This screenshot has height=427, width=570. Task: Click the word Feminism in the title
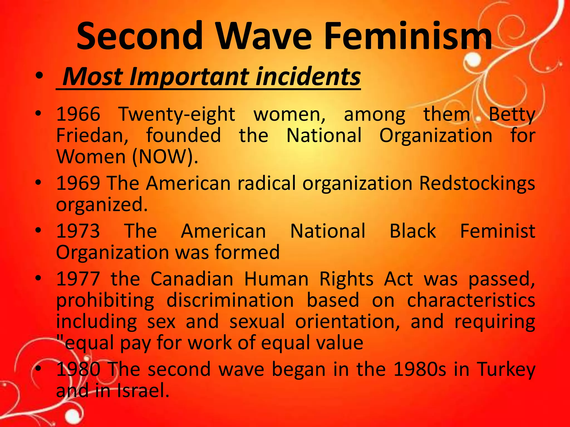tap(408, 36)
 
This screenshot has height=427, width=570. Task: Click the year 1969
tap(78, 183)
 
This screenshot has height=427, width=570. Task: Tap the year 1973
tap(78, 231)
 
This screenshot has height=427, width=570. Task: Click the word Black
tap(412, 231)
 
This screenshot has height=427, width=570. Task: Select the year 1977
tap(78, 279)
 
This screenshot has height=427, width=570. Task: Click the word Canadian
tap(192, 279)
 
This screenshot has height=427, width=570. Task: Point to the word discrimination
tap(230, 300)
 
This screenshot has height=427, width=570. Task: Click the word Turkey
tap(506, 369)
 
